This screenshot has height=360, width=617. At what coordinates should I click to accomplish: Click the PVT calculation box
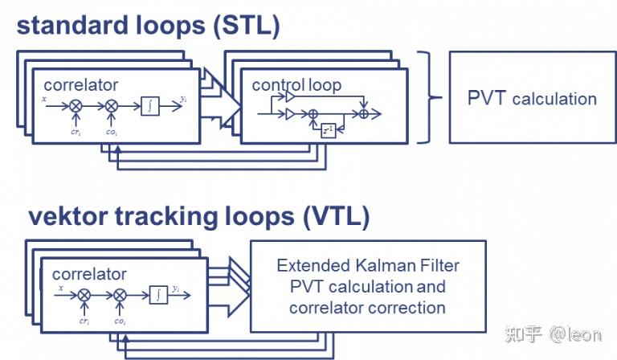532,99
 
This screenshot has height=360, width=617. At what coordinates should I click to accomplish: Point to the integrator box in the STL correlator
149,104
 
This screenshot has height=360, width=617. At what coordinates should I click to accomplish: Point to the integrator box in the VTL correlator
159,295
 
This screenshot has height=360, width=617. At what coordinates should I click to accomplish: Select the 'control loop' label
296,84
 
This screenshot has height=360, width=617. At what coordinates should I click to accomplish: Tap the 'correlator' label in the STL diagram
81,84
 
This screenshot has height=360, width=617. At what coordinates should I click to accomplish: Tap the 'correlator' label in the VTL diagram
89,274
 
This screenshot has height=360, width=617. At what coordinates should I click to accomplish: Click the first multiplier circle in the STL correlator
76,105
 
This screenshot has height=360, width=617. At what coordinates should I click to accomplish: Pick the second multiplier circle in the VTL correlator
121,295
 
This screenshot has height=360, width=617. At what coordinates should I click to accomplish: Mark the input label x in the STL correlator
45,100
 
